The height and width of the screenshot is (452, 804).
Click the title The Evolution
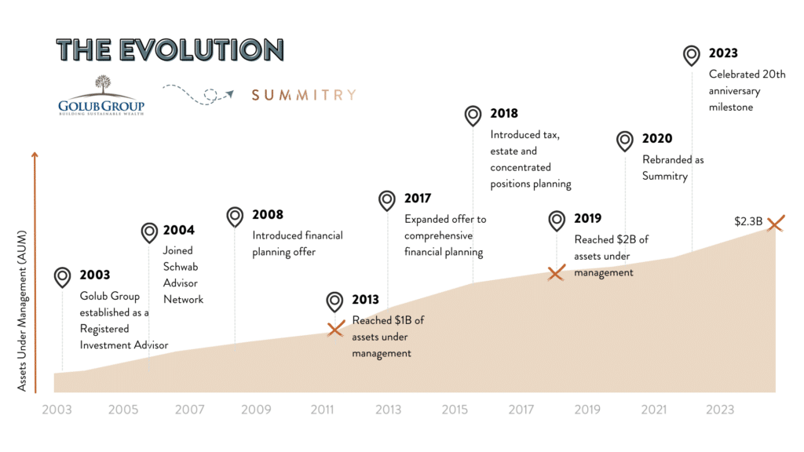point(170,49)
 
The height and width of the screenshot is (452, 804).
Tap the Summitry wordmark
point(303,95)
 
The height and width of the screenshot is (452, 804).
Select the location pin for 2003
point(62,276)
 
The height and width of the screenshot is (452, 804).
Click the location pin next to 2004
point(149,231)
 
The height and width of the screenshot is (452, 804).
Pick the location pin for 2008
point(235,216)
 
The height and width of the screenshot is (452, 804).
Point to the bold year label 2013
point(365,300)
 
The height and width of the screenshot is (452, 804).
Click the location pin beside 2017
point(387,199)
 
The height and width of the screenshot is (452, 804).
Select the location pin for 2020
point(624,140)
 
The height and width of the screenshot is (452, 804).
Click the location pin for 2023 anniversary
point(692,54)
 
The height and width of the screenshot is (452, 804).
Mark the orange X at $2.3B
point(774,224)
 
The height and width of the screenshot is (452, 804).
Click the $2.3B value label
point(748,221)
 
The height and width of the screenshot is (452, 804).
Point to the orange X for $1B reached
point(335,329)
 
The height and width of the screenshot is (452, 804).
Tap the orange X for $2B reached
point(556,273)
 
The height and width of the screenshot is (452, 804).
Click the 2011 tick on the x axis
point(322,410)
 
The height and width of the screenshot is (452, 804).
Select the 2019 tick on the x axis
point(587,410)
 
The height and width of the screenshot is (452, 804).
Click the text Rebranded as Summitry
point(673,168)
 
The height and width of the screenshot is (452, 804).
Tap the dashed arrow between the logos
point(199,94)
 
